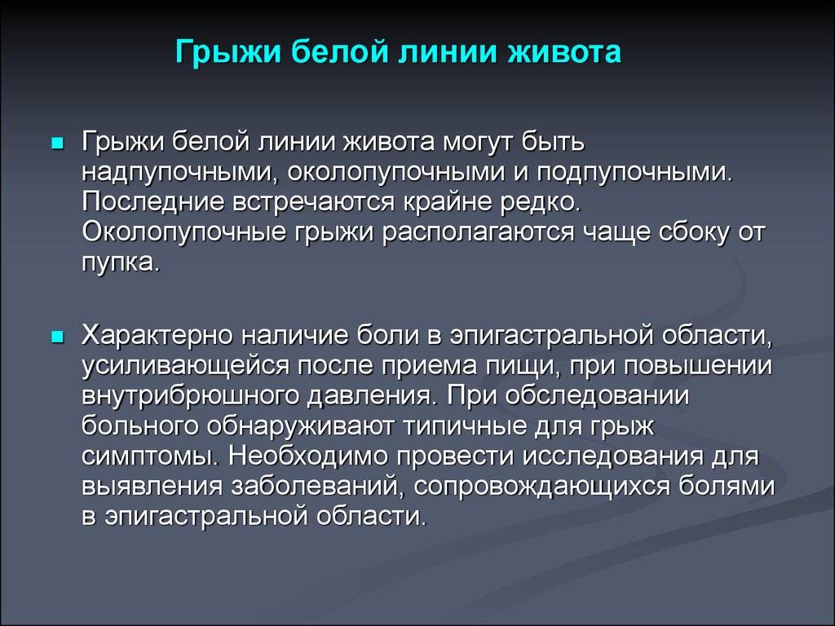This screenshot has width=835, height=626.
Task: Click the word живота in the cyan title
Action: (563, 51)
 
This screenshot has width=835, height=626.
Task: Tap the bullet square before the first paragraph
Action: (57, 143)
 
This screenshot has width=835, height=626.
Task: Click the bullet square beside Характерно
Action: (57, 337)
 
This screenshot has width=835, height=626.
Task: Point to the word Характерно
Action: (158, 335)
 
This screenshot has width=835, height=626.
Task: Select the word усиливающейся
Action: (185, 366)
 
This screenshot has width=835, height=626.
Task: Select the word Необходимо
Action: (311, 456)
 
